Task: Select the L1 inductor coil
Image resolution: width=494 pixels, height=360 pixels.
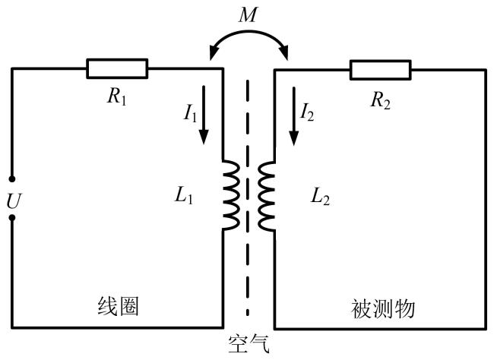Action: tap(231, 195)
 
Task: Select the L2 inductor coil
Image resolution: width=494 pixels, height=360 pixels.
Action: tap(266, 196)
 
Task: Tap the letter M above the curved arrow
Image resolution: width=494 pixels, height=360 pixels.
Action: tap(248, 14)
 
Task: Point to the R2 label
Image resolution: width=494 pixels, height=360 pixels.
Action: tap(380, 100)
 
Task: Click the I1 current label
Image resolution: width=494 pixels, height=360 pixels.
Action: tap(190, 112)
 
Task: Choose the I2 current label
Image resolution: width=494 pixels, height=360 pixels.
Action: tap(306, 112)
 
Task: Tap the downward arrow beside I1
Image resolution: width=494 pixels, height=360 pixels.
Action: tap(204, 115)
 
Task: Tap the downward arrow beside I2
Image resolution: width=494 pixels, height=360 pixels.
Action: tap(294, 116)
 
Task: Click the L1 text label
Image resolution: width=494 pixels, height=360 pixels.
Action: tap(184, 196)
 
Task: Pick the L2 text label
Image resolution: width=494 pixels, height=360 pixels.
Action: tap(320, 197)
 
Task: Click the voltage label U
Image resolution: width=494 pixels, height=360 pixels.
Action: tap(14, 201)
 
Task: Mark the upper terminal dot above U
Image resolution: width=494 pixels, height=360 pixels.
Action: tap(12, 179)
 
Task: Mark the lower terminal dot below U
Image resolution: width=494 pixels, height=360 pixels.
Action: tap(12, 218)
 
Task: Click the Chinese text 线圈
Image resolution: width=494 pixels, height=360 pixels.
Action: tap(118, 306)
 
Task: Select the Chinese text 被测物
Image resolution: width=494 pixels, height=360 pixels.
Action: tap(382, 308)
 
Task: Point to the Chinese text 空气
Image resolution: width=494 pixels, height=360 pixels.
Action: tap(249, 345)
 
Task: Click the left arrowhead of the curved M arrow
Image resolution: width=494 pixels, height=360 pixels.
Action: tap(214, 52)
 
